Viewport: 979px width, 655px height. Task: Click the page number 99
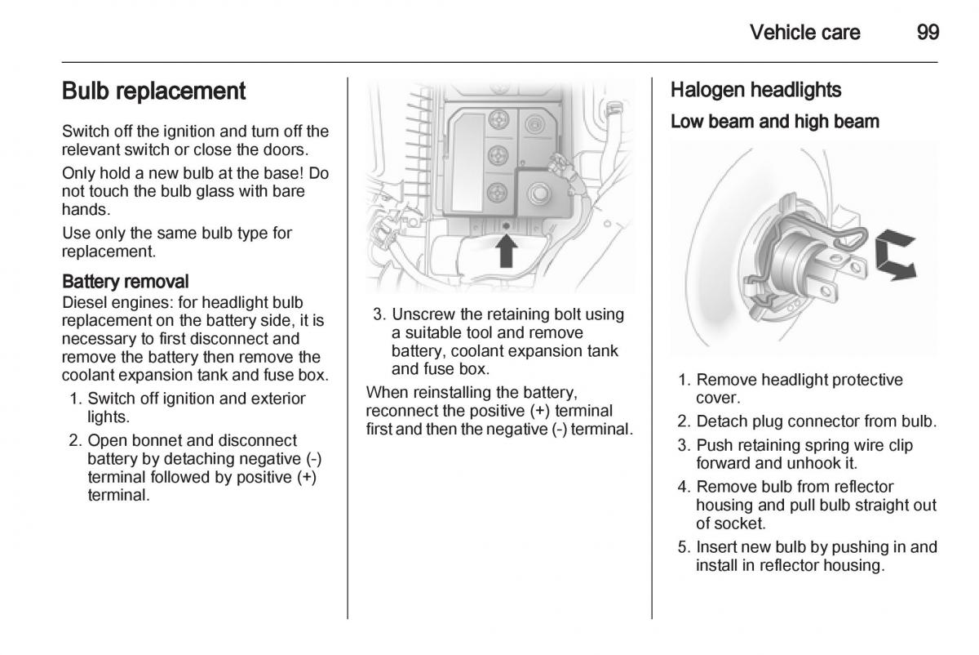(928, 33)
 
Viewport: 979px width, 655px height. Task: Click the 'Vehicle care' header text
(804, 33)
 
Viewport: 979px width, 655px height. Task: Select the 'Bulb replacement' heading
(153, 91)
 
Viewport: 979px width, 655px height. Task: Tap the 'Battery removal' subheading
(126, 282)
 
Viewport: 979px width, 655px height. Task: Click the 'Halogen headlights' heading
(755, 90)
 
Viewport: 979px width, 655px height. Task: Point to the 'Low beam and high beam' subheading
(774, 122)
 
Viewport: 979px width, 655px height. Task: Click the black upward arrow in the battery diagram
(507, 249)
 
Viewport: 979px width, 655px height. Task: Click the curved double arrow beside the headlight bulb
(895, 256)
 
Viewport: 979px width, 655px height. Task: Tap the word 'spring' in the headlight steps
(798, 445)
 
